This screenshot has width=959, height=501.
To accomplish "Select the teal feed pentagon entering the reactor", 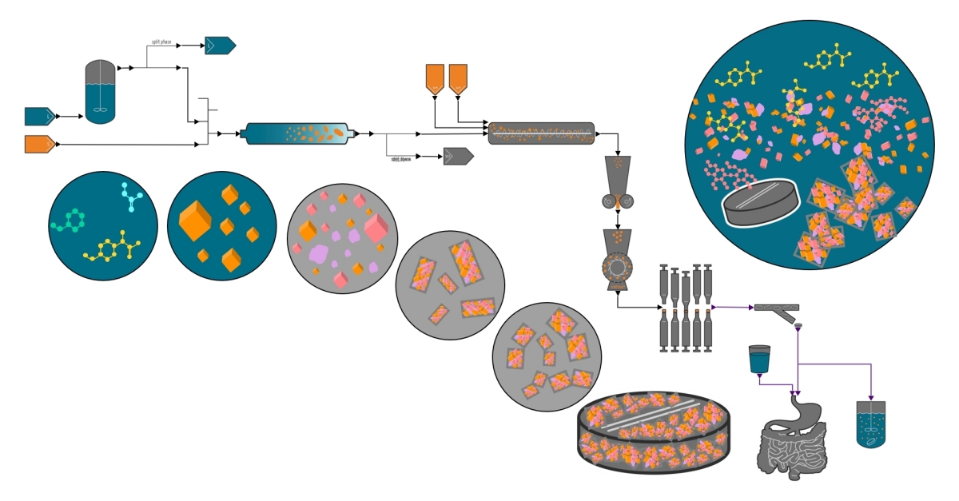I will [x=39, y=117].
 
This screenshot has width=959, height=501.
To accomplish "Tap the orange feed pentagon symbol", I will [x=39, y=144].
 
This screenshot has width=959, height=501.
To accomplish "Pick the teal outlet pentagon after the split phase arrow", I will [x=219, y=46].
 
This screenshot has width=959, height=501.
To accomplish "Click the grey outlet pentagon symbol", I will [x=458, y=157].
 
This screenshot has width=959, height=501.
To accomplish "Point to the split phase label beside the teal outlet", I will [x=161, y=41].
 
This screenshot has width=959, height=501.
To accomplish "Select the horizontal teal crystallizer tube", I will [x=298, y=133].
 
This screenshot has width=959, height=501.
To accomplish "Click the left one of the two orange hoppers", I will [x=433, y=78].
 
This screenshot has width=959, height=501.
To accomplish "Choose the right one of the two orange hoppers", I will [x=458, y=78].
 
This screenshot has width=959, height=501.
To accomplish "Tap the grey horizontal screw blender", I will [x=541, y=133].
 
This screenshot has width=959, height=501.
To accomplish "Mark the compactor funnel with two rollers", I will [x=619, y=184].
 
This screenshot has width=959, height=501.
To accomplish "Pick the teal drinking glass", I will [x=759, y=359].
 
